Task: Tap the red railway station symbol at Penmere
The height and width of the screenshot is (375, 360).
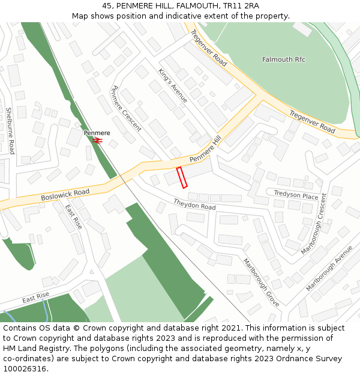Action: pos(97,140)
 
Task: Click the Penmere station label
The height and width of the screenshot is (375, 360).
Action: pos(97,133)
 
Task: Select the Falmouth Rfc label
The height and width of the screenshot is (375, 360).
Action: pos(284,59)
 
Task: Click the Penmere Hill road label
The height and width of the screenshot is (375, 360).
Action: pos(206,149)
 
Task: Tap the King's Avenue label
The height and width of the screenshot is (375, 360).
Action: pos(173,85)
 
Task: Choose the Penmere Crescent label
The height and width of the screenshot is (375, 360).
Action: pos(126,108)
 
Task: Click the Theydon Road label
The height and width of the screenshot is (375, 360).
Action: pos(194,204)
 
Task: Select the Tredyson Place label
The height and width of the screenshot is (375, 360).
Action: pos(296,196)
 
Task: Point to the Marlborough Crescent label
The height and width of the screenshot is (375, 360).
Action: pos(315,223)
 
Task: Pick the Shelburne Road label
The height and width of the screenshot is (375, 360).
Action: pos(10,130)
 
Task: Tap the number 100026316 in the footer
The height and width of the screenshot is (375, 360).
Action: pos(25,368)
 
